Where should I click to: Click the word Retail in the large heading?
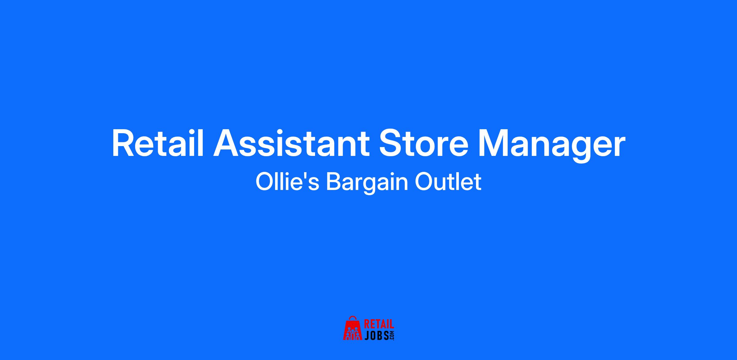[158, 144]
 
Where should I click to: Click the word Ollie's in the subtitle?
[287, 182]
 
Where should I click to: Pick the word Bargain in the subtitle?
[367, 184]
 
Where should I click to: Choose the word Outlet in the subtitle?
[448, 182]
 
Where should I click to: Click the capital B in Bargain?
[334, 182]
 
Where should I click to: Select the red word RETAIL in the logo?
[379, 324]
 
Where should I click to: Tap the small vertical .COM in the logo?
[392, 335]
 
